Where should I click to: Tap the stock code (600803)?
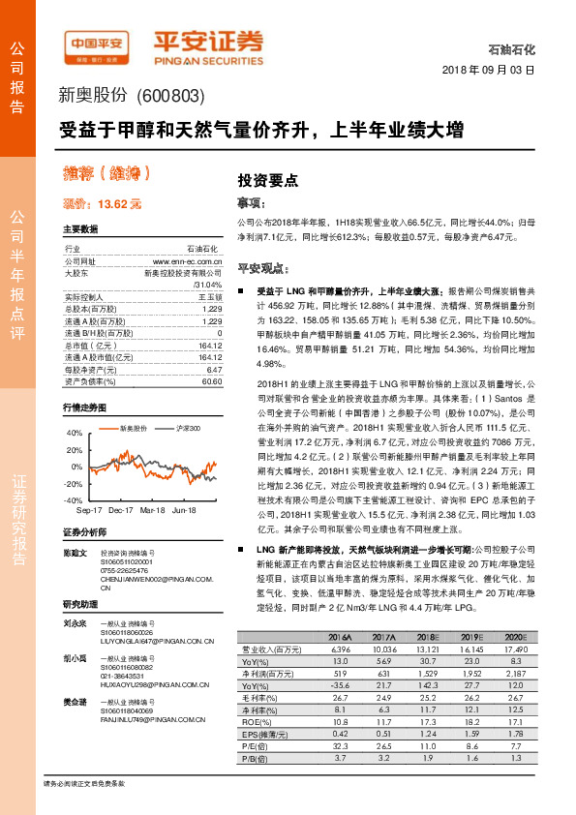click(170, 95)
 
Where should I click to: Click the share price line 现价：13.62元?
click(103, 203)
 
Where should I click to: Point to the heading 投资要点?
click(268, 180)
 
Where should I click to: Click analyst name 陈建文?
click(75, 553)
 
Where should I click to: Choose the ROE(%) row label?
click(256, 720)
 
